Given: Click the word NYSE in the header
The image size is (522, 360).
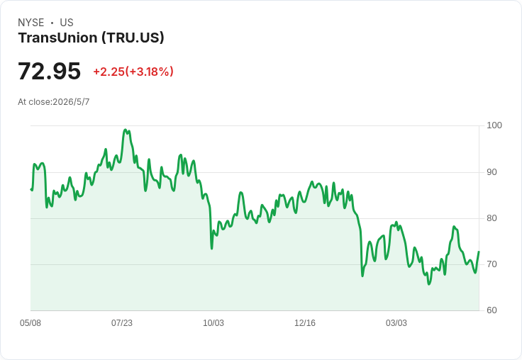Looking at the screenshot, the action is pyautogui.click(x=31, y=23).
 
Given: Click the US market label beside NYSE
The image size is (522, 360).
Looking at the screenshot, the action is pyautogui.click(x=67, y=23).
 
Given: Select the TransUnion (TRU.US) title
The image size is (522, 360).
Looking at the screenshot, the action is pyautogui.click(x=91, y=38).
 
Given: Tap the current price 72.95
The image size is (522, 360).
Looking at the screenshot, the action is pyautogui.click(x=49, y=71).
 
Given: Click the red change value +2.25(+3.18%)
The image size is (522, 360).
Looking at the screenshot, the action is pyautogui.click(x=133, y=72).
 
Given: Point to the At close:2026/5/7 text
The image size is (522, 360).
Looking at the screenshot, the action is pyautogui.click(x=54, y=102).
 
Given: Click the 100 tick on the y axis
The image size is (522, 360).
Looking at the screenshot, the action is pyautogui.click(x=494, y=125).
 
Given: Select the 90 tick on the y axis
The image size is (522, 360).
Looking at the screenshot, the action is pyautogui.click(x=492, y=172).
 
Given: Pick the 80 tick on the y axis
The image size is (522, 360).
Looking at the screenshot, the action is pyautogui.click(x=492, y=218).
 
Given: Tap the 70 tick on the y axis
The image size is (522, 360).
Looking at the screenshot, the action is pyautogui.click(x=492, y=264).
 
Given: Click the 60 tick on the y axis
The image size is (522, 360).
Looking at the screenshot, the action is pyautogui.click(x=492, y=310).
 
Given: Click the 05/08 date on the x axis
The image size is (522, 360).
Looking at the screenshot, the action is pyautogui.click(x=30, y=323).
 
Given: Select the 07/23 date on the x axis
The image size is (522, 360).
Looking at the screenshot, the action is pyautogui.click(x=122, y=323).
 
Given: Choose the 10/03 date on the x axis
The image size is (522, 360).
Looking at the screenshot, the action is pyautogui.click(x=213, y=323).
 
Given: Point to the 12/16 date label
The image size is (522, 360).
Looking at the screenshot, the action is pyautogui.click(x=305, y=323).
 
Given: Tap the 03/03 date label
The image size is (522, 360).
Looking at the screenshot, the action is pyautogui.click(x=396, y=323).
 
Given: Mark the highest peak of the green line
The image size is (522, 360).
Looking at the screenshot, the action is pyautogui.click(x=125, y=130).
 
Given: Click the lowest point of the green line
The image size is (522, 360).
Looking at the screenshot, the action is pyautogui.click(x=429, y=283).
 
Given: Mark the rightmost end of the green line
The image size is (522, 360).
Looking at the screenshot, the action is pyautogui.click(x=479, y=252).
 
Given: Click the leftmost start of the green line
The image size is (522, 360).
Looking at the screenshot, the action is pyautogui.click(x=31, y=189).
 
